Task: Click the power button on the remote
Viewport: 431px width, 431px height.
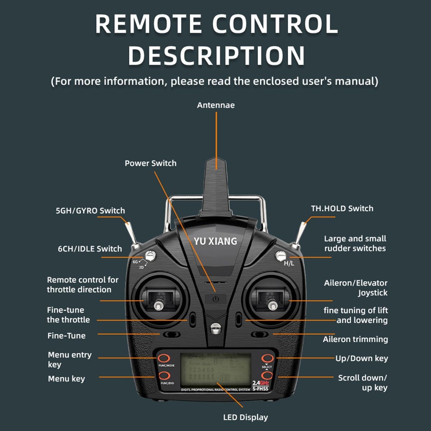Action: pyautogui.click(x=215, y=299)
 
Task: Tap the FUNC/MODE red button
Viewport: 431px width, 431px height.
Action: pyautogui.click(x=164, y=358)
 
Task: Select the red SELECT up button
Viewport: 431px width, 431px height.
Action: pyautogui.click(x=267, y=358)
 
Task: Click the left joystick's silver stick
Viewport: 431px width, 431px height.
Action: pyautogui.click(x=157, y=306)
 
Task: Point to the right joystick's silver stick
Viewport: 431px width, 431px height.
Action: pyautogui.click(x=273, y=306)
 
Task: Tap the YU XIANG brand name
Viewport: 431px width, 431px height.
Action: pyautogui.click(x=215, y=241)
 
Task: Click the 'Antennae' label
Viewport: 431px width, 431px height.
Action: pyautogui.click(x=215, y=105)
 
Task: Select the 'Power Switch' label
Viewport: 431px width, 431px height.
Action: pyautogui.click(x=150, y=163)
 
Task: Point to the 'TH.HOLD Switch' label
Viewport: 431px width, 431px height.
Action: pyautogui.click(x=342, y=208)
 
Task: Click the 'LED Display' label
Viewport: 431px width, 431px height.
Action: pyautogui.click(x=245, y=417)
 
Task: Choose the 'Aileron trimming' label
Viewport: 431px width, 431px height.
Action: pyautogui.click(x=355, y=339)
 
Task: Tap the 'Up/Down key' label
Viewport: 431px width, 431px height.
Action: pyautogui.click(x=362, y=358)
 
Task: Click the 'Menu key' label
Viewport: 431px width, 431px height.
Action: pyautogui.click(x=66, y=379)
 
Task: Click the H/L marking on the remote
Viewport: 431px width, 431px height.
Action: pyautogui.click(x=289, y=263)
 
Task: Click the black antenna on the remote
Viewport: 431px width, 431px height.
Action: pyautogui.click(x=216, y=187)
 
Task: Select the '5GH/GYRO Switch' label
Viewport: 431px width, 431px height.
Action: pyautogui.click(x=90, y=210)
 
